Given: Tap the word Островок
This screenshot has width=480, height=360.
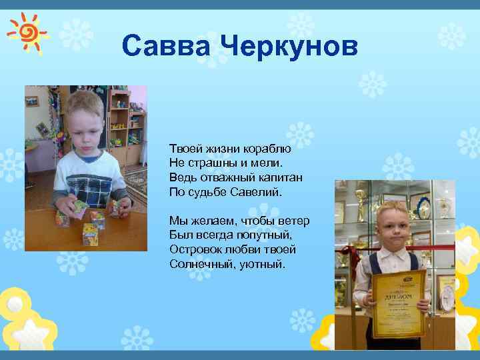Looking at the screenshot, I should pyautogui.click(x=195, y=250).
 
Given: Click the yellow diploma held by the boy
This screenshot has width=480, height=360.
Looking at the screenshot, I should pyautogui.click(x=399, y=303).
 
